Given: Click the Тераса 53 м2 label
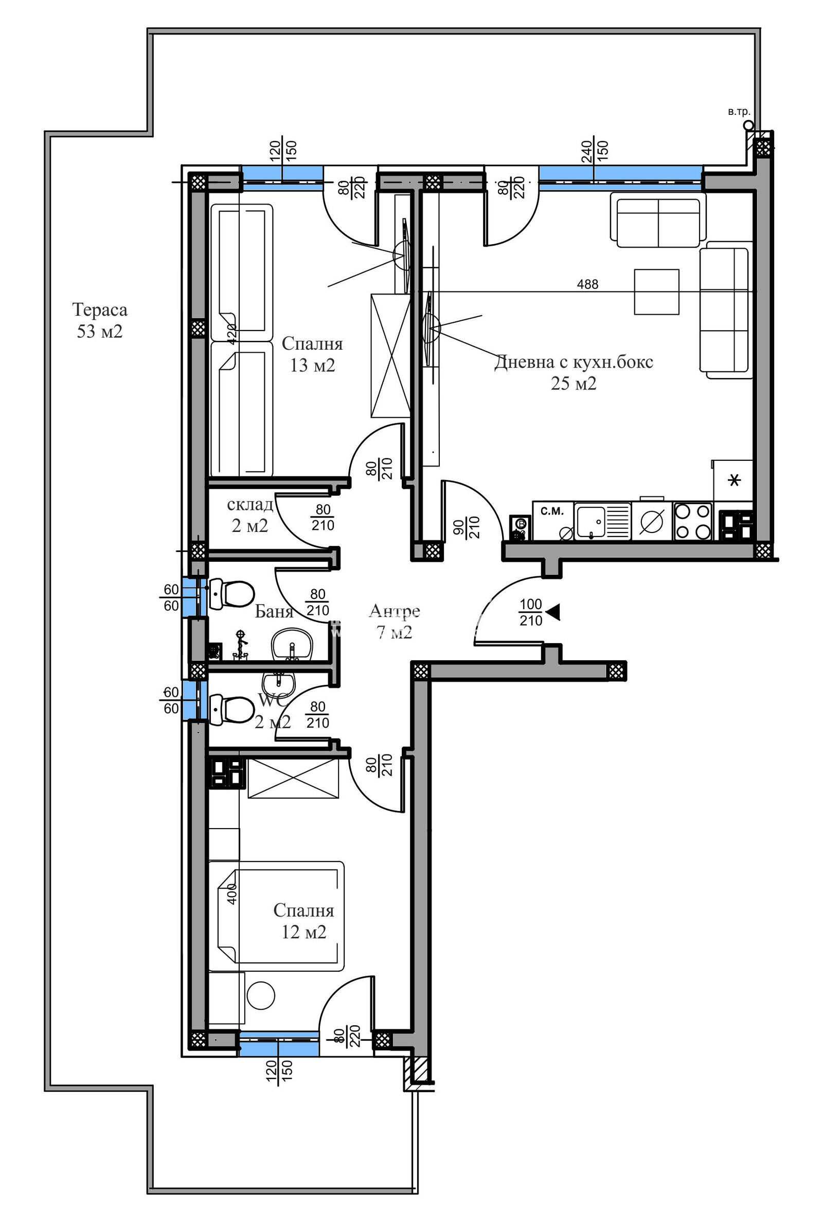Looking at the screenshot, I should (100, 320).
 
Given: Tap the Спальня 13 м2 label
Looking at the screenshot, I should (312, 354).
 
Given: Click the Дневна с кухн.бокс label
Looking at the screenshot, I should (574, 362).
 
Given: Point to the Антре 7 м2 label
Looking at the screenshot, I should (394, 621).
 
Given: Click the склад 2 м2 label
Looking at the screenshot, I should (250, 515).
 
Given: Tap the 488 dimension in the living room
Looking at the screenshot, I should (587, 284).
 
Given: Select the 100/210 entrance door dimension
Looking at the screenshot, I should (531, 613).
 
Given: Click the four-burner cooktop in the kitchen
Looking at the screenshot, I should (692, 521).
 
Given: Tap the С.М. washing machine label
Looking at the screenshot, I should (552, 511).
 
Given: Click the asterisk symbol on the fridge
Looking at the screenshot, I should (735, 479).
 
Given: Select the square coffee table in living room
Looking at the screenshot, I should (656, 291).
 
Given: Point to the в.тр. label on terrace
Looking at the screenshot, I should (739, 112).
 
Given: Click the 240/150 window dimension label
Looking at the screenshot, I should (594, 151).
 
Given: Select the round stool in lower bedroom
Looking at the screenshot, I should (261, 995).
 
